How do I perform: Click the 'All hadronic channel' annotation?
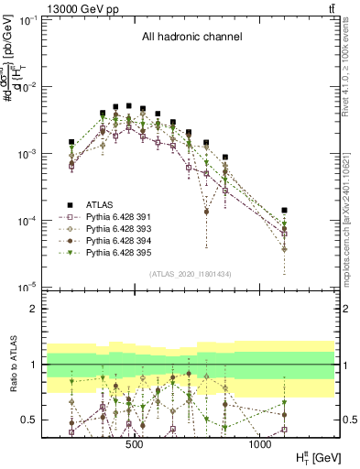(191, 38)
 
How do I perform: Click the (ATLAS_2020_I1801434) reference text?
(190, 274)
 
